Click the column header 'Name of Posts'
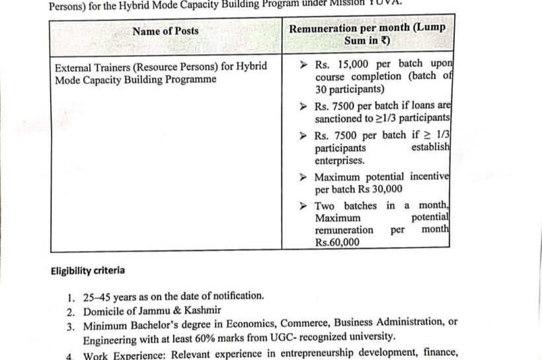(165, 31)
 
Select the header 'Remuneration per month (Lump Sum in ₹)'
(368, 34)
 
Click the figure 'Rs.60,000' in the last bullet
(337, 242)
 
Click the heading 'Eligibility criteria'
(87, 271)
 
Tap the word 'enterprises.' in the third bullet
(340, 161)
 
